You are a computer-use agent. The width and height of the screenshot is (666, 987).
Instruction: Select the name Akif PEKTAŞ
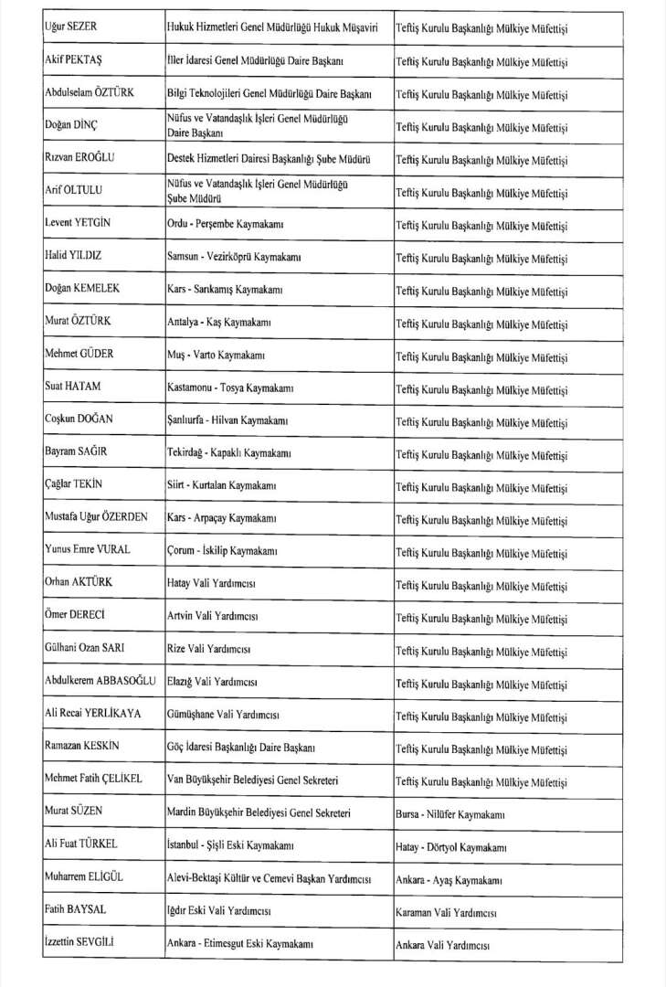pyautogui.click(x=73, y=60)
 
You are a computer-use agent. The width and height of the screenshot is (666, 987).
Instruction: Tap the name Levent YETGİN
pyautogui.click(x=79, y=223)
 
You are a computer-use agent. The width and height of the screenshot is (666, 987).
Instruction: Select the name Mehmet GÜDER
pyautogui.click(x=79, y=355)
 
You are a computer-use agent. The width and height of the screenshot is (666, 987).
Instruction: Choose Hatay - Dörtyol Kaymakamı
pyautogui.click(x=451, y=846)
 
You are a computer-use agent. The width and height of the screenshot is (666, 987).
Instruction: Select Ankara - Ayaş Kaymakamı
pyautogui.click(x=448, y=880)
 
